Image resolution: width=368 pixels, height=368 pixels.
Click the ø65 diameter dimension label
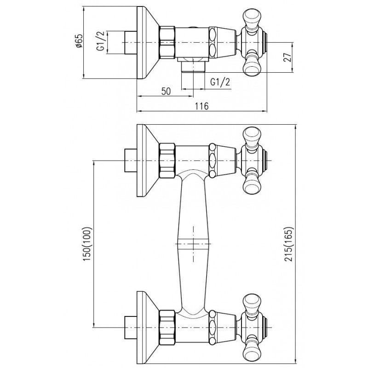(x=79, y=41)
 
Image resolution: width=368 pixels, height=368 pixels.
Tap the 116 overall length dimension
(x=202, y=106)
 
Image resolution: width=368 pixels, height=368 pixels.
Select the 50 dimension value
(x=166, y=91)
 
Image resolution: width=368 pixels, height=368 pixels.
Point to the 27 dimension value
(x=288, y=57)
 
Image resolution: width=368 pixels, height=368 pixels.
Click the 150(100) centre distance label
(x=87, y=244)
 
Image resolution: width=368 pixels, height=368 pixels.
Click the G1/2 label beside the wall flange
(x=100, y=42)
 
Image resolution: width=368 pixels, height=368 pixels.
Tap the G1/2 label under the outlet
(x=220, y=82)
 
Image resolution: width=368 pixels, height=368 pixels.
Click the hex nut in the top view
(x=167, y=42)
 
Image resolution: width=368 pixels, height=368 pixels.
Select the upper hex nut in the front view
(x=167, y=161)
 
